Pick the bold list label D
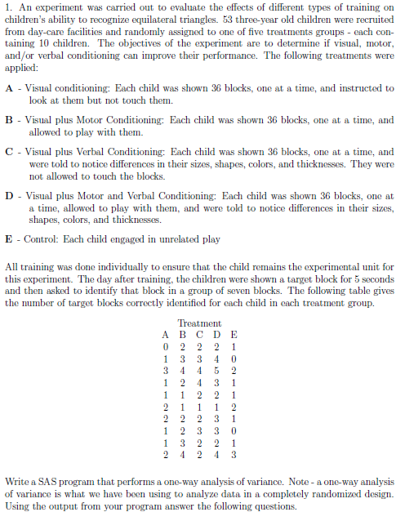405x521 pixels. [9, 196]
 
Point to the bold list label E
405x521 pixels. [9, 239]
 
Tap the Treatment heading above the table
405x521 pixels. [198, 324]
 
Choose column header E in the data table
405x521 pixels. [234, 335]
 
